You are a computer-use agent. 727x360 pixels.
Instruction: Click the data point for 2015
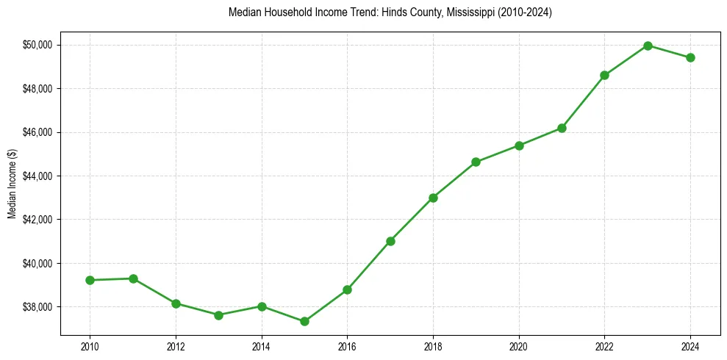[304, 321]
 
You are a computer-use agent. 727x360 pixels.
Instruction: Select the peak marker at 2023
[648, 46]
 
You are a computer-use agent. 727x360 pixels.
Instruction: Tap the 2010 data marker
[90, 280]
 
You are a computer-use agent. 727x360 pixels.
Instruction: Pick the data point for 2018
[433, 198]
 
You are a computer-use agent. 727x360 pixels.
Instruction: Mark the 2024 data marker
[690, 58]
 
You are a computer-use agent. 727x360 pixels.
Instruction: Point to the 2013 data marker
[218, 315]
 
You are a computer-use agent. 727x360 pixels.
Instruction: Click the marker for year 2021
[562, 128]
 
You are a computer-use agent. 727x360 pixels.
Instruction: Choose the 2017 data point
[390, 241]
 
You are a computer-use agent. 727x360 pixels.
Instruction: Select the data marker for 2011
[133, 278]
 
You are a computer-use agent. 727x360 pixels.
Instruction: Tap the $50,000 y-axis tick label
[38, 45]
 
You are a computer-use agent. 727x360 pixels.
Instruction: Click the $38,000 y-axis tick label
[38, 306]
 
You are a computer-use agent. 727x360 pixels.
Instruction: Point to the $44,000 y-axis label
[38, 176]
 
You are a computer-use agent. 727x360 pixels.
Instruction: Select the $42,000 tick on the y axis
[38, 220]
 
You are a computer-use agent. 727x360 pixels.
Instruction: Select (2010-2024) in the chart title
[523, 12]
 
